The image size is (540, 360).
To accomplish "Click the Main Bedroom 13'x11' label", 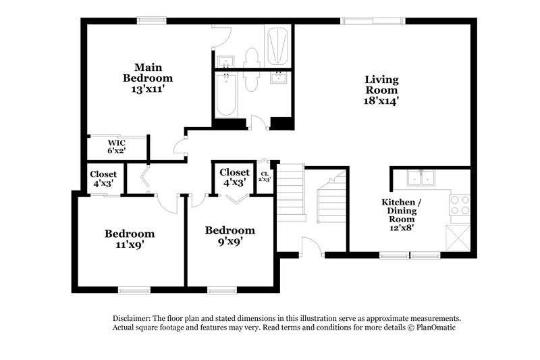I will tap(148, 78).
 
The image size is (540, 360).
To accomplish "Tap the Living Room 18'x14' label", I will tap(381, 90).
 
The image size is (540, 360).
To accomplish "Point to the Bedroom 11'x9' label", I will tap(129, 239).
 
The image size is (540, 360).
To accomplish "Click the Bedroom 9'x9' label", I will tap(230, 236).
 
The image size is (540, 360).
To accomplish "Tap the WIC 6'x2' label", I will tap(118, 147).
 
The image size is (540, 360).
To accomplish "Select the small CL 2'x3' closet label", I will tap(265, 177).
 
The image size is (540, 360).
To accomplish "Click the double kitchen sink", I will tap(421, 178).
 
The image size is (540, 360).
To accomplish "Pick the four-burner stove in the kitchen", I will tap(460, 205).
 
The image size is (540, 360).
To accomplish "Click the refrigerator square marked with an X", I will tap(458, 237).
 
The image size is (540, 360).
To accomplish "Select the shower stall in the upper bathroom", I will tap(277, 45).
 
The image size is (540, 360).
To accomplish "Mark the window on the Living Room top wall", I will tap(360, 21).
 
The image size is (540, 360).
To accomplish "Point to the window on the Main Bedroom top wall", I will tap(153, 20).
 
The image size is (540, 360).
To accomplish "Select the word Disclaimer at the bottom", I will tap(132, 318).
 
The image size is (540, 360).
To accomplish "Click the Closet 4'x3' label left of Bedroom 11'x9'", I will tap(103, 178).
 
